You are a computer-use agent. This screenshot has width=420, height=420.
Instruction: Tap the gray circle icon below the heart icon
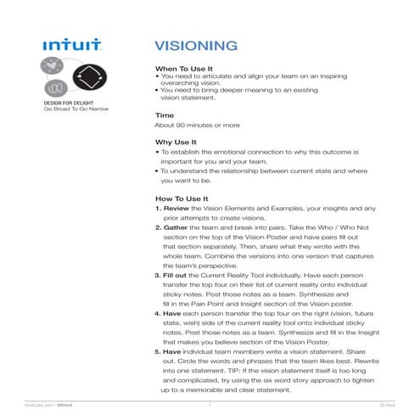pyautogui.click(x=53, y=87)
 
